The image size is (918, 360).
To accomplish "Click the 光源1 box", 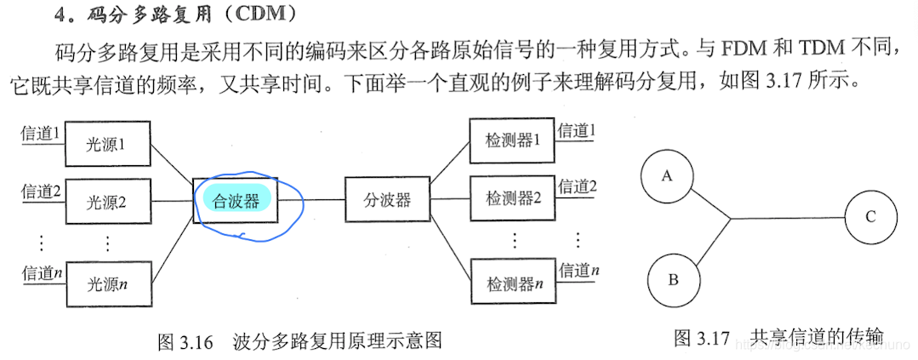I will click(x=107, y=143).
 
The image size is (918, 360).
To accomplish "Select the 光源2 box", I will click(x=107, y=202).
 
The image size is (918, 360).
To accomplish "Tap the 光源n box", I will click(x=107, y=283).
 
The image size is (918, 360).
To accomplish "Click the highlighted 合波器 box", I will click(x=237, y=201).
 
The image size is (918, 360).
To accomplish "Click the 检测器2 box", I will click(x=513, y=198).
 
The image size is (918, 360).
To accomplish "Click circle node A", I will click(x=667, y=177).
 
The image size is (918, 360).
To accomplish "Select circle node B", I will click(x=673, y=279).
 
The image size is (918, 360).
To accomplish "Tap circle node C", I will click(x=870, y=217).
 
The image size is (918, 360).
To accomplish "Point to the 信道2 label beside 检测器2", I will click(x=577, y=187).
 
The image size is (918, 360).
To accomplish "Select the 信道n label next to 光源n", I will click(x=40, y=273).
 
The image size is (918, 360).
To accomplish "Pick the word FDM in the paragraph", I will click(x=743, y=49).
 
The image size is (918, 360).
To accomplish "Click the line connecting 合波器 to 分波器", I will click(x=312, y=201).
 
